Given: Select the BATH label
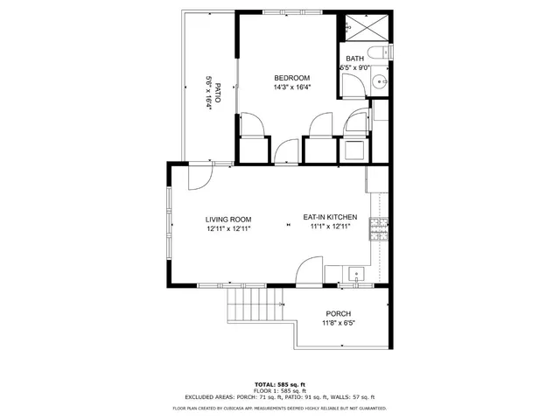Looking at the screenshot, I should coord(354,59).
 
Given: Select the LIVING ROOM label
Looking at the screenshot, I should coord(228,219).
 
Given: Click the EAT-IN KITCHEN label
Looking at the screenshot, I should coord(331,217).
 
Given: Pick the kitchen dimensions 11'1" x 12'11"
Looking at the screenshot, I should coord(331,227).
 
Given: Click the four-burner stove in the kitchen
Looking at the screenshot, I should coord(378,230).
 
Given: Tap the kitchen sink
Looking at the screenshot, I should coord(356,274).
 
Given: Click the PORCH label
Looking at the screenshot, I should coord(338,314).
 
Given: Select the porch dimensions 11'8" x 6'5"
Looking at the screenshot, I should coord(338,324).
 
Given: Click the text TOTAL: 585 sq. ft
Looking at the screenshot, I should coord(280,385).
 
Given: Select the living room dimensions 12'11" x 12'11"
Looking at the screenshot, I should coord(228,228).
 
